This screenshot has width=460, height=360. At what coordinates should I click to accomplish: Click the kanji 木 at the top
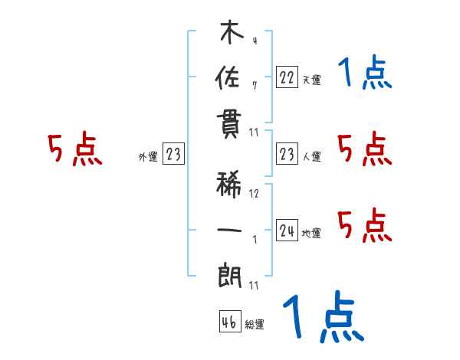click(231, 34)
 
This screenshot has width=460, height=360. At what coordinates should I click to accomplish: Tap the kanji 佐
click(230, 78)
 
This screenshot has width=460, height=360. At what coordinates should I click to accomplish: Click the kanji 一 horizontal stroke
click(230, 230)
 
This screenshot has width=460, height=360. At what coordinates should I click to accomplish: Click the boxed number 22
click(287, 77)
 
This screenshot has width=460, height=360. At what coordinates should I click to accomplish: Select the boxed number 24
click(287, 231)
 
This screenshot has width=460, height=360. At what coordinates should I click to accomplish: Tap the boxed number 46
click(229, 322)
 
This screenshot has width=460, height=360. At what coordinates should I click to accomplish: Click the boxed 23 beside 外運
click(173, 155)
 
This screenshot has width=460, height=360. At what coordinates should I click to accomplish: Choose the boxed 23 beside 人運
click(287, 155)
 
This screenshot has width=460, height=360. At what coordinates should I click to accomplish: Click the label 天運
click(311, 80)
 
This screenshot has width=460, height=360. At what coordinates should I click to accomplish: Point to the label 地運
click(311, 234)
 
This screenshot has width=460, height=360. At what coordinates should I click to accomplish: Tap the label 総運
click(254, 325)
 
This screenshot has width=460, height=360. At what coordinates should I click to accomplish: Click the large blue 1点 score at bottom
click(323, 317)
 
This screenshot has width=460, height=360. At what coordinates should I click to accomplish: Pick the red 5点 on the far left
click(75, 150)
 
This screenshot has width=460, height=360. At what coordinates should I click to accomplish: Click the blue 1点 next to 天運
click(364, 74)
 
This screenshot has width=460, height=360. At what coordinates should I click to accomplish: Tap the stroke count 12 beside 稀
click(254, 193)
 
